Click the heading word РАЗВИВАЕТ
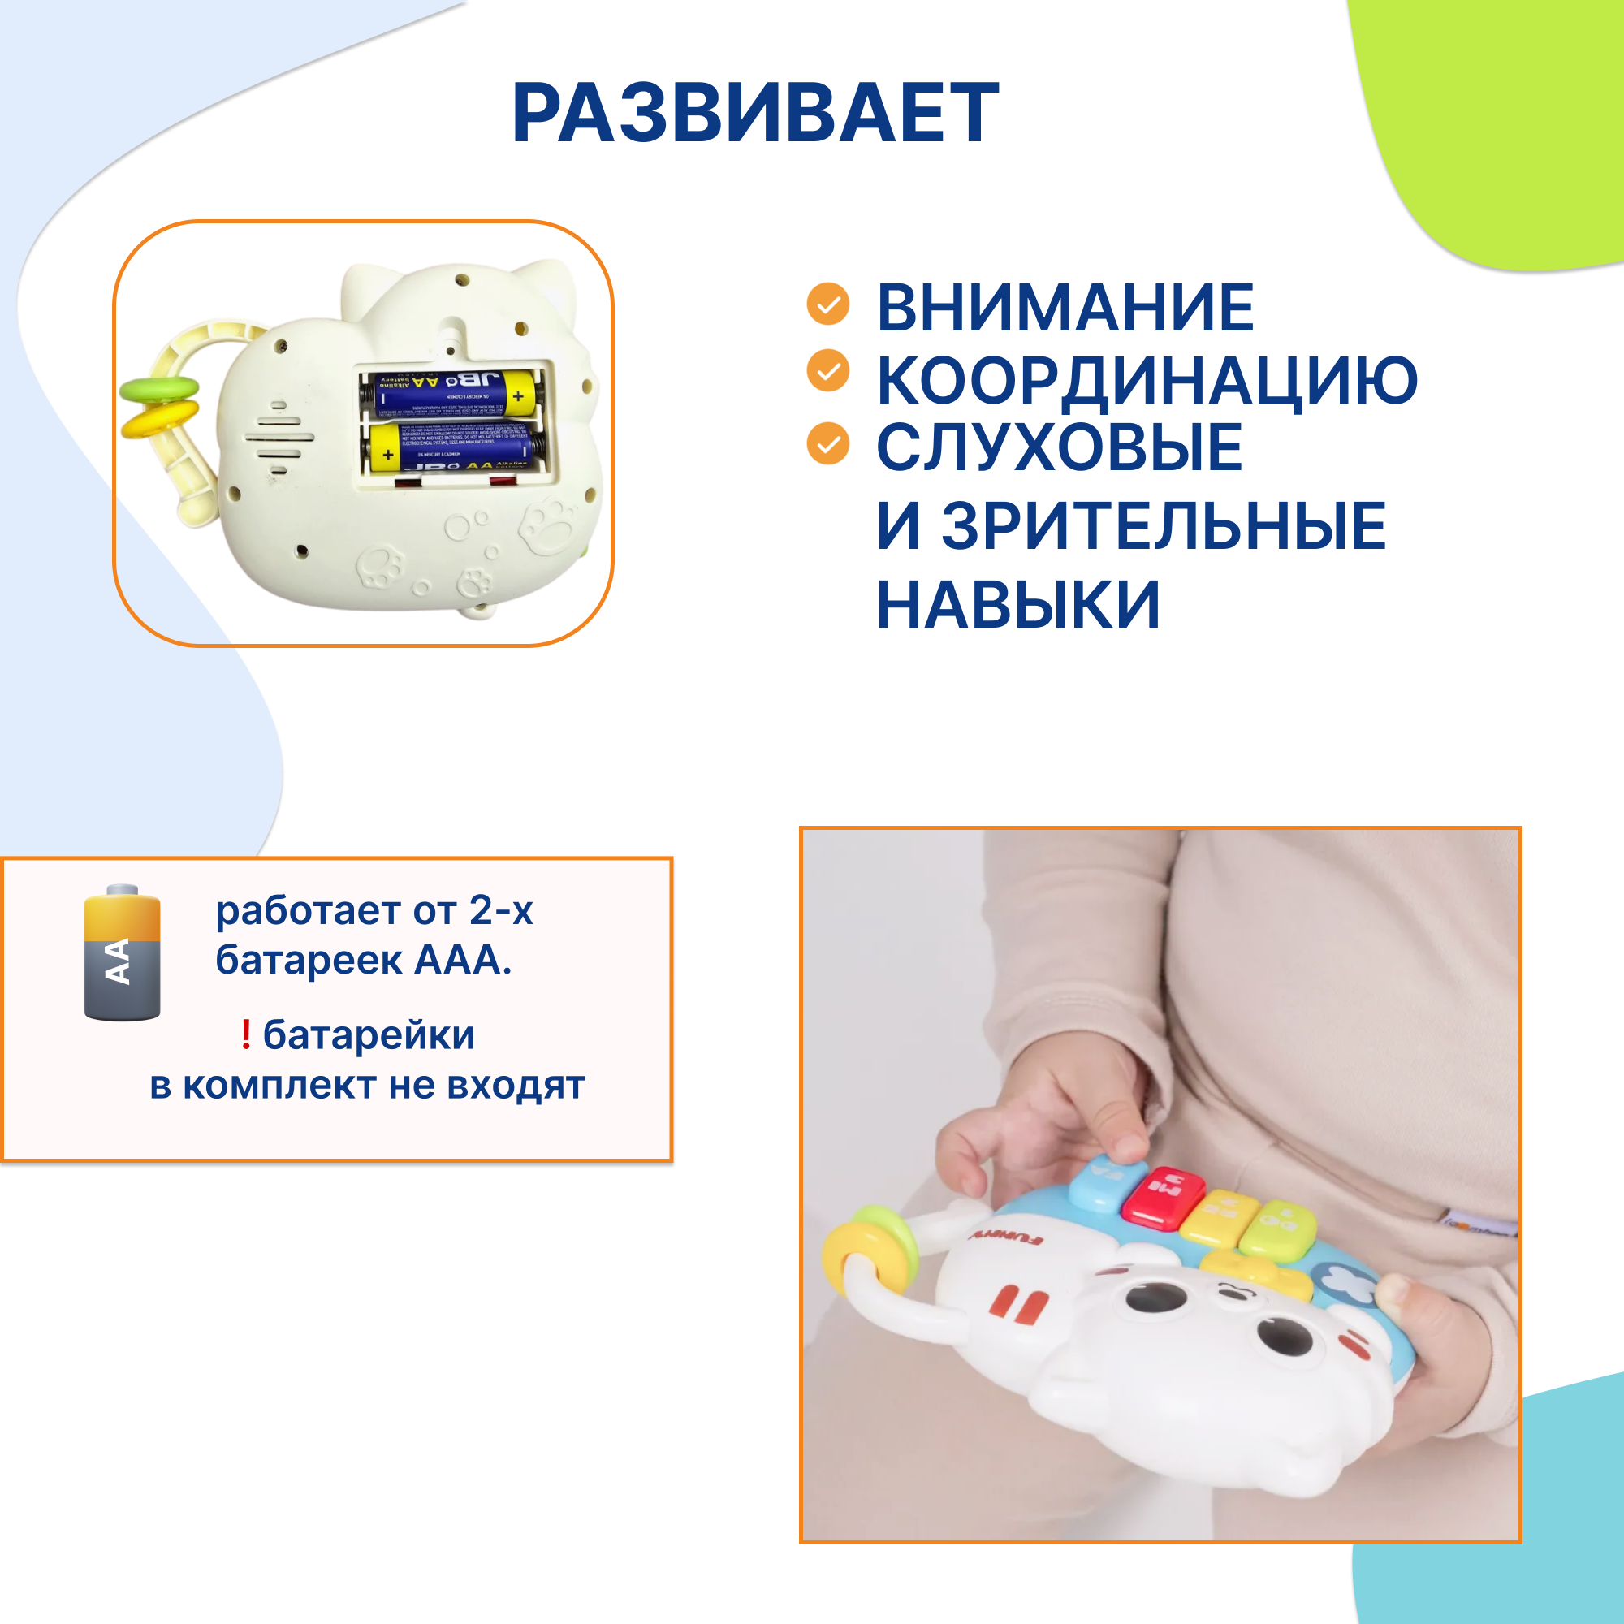tap(755, 114)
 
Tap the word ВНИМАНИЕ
tap(1065, 308)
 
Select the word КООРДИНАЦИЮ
tap(1147, 381)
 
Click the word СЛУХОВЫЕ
tap(1058, 447)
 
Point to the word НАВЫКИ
tap(1018, 605)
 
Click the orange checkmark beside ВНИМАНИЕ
tap(828, 304)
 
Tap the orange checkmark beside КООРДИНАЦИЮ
tap(828, 371)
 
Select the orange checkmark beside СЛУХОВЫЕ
tap(828, 444)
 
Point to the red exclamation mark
tap(245, 1034)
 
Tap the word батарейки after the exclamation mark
tap(368, 1034)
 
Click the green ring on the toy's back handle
tap(159, 388)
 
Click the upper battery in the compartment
tap(451, 393)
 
